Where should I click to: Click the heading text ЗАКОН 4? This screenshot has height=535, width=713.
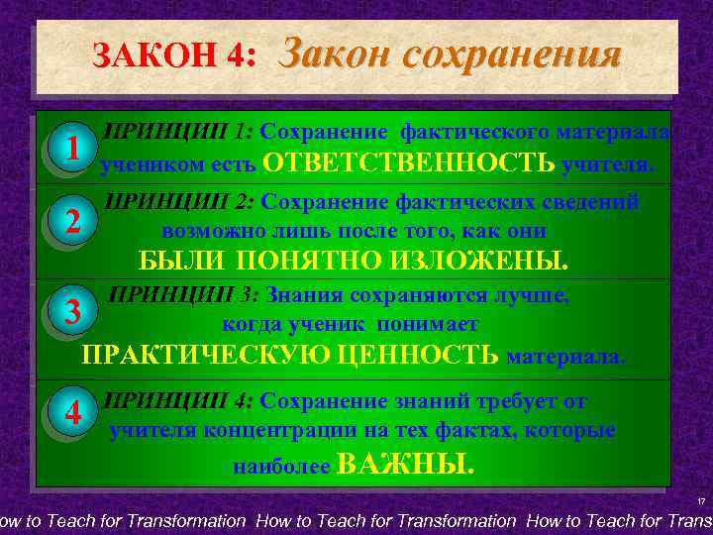click(174, 55)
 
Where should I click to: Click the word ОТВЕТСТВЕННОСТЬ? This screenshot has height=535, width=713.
click(410, 162)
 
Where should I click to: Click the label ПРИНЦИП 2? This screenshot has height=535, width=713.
click(178, 202)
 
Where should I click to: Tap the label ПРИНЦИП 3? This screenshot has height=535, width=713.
click(183, 294)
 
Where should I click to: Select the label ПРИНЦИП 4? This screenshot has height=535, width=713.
click(178, 401)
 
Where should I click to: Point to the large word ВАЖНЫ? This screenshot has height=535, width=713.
click(406, 464)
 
